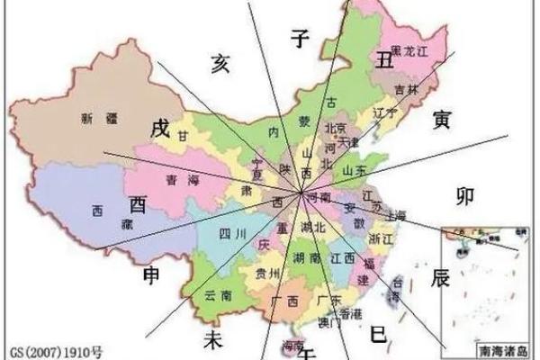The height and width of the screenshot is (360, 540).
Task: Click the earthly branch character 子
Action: [x=300, y=37]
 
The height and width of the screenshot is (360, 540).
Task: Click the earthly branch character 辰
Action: [x=440, y=277]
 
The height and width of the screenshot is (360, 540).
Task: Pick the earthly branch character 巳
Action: [x=379, y=336]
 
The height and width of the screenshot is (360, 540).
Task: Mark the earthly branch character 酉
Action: [x=138, y=201]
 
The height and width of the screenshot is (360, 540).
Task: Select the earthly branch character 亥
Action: [x=220, y=63]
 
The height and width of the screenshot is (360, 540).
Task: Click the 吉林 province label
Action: [x=408, y=89]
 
